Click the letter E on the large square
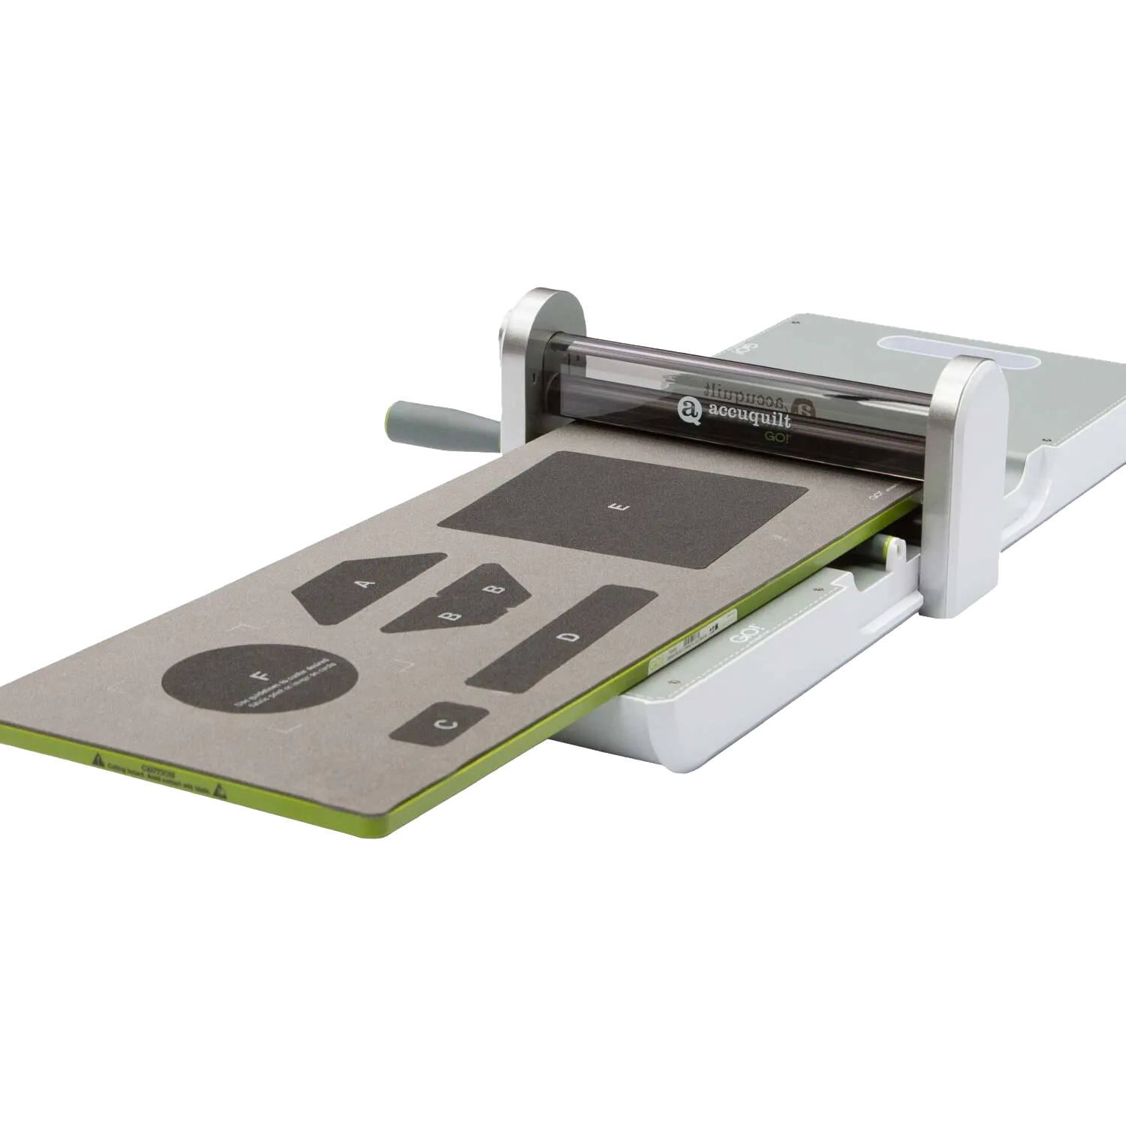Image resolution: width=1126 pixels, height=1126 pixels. coord(619,508)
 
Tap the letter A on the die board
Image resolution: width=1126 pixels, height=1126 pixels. coord(366,583)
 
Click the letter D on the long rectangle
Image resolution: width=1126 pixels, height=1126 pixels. coord(571,637)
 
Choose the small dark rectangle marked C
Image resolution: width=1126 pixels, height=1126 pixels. coord(439,724)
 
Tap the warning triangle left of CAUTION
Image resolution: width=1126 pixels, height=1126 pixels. coord(98,760)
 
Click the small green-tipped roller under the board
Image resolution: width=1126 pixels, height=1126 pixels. coord(890,549)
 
